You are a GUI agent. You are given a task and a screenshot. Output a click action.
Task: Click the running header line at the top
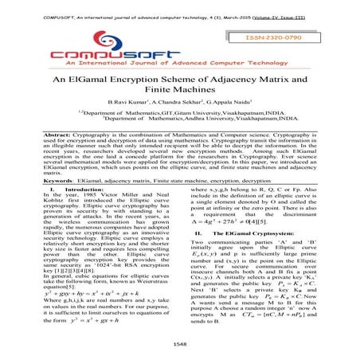pos(179,7)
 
